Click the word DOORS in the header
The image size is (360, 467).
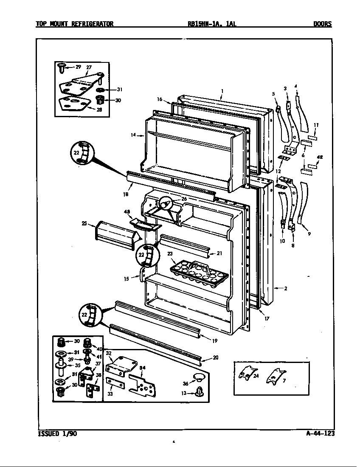coord(322,24)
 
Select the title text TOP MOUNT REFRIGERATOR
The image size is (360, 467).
coord(74,24)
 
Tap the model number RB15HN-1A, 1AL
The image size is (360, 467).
coord(212,24)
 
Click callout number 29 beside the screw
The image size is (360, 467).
coord(78,67)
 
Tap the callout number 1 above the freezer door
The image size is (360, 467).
coord(222,90)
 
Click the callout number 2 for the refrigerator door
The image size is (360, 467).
coord(286,289)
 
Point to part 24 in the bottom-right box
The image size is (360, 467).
coord(246,374)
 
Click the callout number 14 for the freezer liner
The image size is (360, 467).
coord(133,135)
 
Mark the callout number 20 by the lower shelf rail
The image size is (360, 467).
coord(216,357)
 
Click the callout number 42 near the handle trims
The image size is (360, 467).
coord(320,157)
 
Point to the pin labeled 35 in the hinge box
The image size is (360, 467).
coord(60,366)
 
